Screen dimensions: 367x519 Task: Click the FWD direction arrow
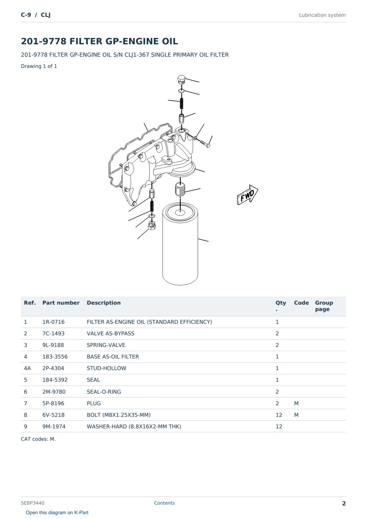(x=247, y=195)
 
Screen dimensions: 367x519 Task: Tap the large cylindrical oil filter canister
(x=180, y=244)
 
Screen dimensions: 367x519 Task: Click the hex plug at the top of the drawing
(x=182, y=79)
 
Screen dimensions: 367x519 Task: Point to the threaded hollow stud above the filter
(x=180, y=189)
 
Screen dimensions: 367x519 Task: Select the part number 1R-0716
(x=53, y=322)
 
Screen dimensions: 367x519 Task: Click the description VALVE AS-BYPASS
(x=110, y=333)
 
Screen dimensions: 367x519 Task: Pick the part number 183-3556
(x=55, y=357)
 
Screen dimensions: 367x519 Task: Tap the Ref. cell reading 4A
(x=27, y=368)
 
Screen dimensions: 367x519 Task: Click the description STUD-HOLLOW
(x=107, y=368)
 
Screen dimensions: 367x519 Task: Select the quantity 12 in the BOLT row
(x=279, y=415)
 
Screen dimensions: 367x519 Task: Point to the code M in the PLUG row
(x=296, y=403)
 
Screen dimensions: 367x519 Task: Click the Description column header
(x=104, y=303)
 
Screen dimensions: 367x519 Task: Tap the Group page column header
(x=324, y=306)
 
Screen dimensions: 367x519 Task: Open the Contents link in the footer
(x=164, y=503)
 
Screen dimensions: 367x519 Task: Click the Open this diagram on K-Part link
(x=57, y=512)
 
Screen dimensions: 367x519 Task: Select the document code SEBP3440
(x=33, y=503)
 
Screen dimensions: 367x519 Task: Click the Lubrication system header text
(x=322, y=15)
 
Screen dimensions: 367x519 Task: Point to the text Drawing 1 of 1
(x=39, y=66)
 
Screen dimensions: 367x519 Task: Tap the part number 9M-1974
(x=54, y=426)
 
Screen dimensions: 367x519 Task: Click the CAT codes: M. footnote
(x=38, y=439)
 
